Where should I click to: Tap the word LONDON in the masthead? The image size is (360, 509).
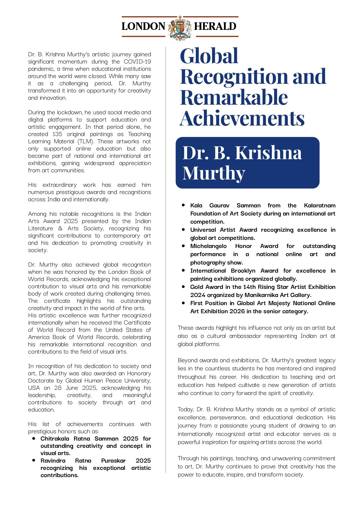pos(143,26)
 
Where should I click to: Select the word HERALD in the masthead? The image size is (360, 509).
pos(215,26)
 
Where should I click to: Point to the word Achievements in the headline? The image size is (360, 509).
pos(242,118)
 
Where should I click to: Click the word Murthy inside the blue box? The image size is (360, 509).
pos(214,173)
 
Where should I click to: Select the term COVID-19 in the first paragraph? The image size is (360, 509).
pos(137,61)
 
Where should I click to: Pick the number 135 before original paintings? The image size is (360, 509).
pos(57,134)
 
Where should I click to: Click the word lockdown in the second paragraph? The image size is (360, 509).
pos(70,112)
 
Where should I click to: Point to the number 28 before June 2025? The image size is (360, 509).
pos(58,388)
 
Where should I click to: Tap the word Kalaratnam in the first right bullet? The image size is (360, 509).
pos(319,205)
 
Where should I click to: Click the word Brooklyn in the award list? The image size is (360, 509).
pos(243,271)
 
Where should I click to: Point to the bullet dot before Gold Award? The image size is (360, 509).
pos(183,287)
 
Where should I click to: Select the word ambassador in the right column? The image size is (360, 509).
pos(246,336)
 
